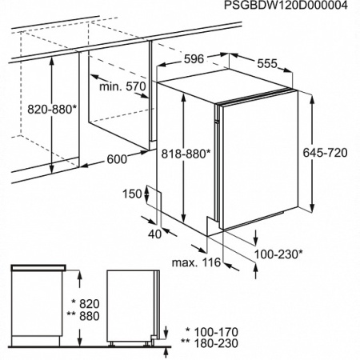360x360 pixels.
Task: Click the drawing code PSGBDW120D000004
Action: (x=286, y=5)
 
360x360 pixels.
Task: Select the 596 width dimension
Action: (x=194, y=59)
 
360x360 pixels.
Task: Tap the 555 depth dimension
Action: (x=267, y=63)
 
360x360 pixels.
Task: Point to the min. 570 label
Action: (x=122, y=86)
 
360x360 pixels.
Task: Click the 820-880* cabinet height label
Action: (x=52, y=109)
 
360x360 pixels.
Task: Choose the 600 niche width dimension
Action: (x=117, y=159)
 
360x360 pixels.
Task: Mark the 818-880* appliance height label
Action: (x=186, y=154)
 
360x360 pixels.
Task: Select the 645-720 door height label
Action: (x=325, y=153)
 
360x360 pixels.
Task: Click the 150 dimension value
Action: (x=132, y=194)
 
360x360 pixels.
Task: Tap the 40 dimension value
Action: (x=155, y=234)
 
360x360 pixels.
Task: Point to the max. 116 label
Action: (x=196, y=262)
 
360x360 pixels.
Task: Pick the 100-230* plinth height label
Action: (x=278, y=254)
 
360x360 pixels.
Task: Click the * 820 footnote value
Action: (x=86, y=304)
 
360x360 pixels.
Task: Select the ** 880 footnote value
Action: (x=83, y=316)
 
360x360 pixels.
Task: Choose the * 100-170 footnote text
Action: (x=212, y=332)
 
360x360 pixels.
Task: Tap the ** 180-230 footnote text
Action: (x=210, y=343)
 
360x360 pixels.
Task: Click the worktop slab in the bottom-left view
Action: (x=38, y=267)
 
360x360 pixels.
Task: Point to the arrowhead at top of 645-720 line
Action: (x=313, y=98)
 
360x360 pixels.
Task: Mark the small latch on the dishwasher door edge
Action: (x=217, y=122)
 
